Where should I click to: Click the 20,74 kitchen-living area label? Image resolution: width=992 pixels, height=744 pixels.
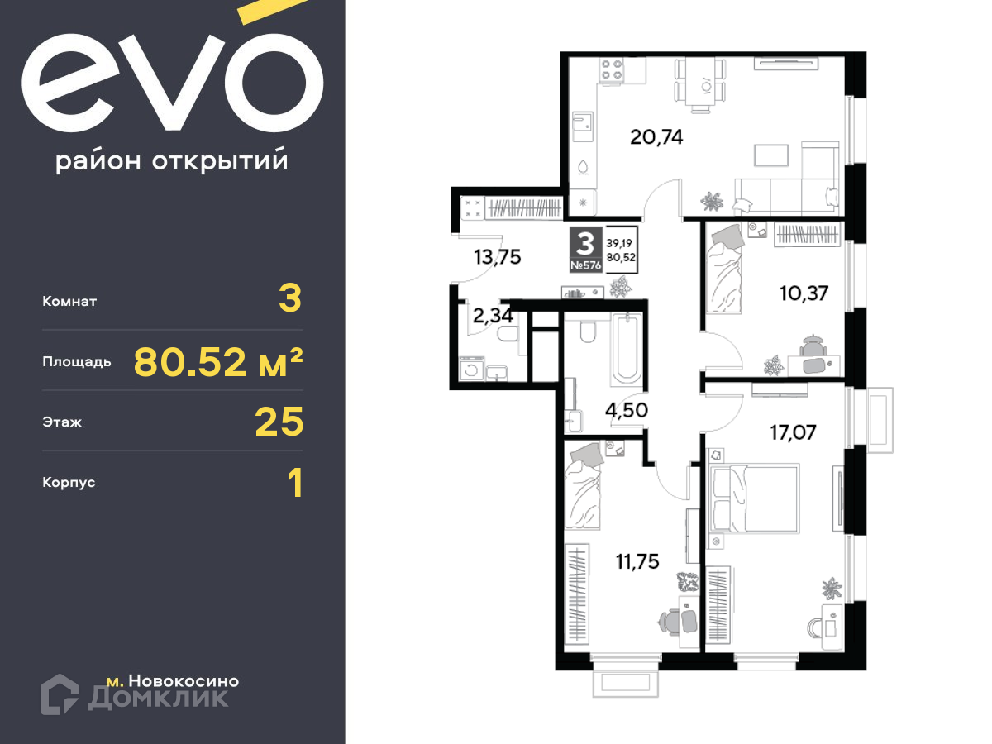coord(656,137)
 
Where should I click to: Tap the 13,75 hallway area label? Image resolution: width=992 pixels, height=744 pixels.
coord(497,257)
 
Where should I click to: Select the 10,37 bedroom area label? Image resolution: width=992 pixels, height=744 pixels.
coord(804,293)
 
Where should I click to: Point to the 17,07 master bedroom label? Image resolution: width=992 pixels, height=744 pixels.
coord(793,432)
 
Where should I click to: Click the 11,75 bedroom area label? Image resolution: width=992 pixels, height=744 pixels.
coord(637,561)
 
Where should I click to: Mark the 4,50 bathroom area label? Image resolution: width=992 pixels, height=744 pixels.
coord(627,410)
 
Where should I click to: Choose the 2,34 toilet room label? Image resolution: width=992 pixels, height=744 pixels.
coord(493,315)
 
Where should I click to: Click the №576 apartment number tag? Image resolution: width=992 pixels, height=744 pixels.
coord(586,265)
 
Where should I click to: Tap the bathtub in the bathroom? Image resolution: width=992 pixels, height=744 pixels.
coord(627,350)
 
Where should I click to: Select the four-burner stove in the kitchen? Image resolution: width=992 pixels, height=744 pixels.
coord(612,70)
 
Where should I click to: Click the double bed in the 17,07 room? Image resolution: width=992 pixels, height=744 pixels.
coord(754,498)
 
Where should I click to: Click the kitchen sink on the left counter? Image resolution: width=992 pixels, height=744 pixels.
coord(582,127)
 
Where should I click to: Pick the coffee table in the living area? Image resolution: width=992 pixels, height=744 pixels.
coord(771,155)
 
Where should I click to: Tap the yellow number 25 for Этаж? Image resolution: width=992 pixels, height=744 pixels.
coord(279,422)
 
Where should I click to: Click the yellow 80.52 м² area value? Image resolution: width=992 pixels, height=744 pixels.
coord(218,362)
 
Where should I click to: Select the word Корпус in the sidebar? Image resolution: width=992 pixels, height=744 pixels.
coord(69,483)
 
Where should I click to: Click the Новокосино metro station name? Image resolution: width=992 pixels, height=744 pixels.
coord(184,681)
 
